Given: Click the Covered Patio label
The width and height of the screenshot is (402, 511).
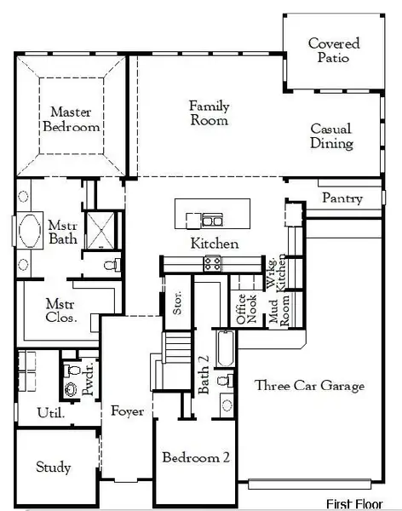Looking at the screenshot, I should tap(334, 50).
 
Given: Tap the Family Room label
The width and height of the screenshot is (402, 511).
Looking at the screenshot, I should tap(210, 113).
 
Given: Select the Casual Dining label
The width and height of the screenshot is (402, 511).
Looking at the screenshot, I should tap(331, 136).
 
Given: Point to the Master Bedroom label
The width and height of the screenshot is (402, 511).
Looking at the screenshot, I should tap(75, 119).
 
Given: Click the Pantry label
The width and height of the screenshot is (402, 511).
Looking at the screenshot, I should tap(342, 198).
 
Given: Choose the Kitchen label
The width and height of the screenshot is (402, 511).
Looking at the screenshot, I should tap(214, 244).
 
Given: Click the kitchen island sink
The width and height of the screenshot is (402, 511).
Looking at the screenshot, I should tap(207, 221).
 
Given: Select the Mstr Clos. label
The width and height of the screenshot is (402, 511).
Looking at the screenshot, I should tap(60, 312).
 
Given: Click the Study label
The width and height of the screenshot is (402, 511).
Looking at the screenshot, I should tap(53, 468).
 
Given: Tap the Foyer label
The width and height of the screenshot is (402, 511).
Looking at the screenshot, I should tap(127, 411).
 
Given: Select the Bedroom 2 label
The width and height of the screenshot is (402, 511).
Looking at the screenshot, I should tap(196, 456).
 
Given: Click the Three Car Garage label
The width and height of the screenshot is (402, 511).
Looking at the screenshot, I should tap(309, 386).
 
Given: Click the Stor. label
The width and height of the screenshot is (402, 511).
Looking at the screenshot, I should tap(177, 306).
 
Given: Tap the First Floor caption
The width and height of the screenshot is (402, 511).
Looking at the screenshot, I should tap(357, 503).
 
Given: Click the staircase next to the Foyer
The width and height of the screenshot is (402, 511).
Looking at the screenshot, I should tap(178, 348).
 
